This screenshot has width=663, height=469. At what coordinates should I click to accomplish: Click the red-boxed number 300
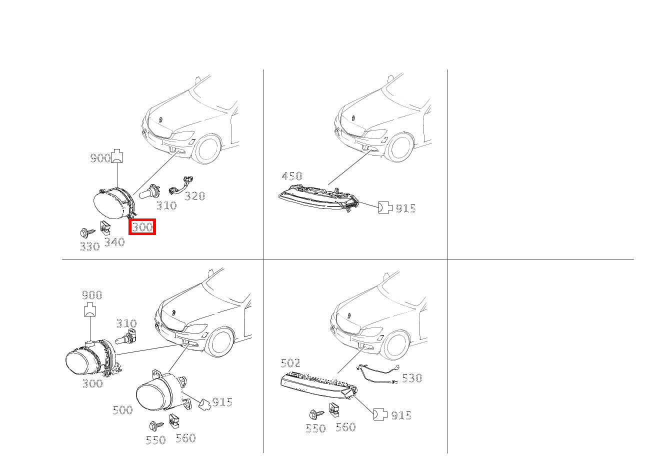point(142,227)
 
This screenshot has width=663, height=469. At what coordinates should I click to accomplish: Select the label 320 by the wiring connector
point(195,196)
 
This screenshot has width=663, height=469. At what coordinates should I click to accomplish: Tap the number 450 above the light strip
point(292,176)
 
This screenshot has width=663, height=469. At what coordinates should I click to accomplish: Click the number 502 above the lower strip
point(290,363)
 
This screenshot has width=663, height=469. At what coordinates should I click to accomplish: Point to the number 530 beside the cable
point(412,378)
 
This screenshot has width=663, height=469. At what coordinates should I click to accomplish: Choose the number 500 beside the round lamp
point(122,410)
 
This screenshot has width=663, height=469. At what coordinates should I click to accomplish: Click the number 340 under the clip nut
point(114,242)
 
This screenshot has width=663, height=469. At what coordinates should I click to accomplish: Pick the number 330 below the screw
point(89,246)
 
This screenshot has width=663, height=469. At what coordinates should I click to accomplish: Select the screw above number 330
point(87,232)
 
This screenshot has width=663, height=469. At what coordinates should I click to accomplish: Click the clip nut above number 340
point(105,227)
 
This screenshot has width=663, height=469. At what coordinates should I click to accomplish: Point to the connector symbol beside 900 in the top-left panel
point(117,156)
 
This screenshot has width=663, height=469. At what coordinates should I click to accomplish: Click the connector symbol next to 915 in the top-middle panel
point(385,207)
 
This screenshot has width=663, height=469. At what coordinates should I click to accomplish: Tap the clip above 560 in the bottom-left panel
point(174,421)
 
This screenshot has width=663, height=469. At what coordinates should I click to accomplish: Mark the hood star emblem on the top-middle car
point(353,118)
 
